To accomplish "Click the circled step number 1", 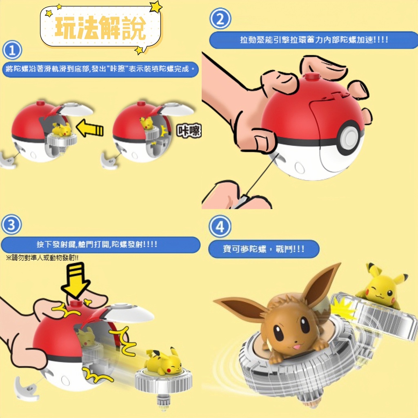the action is tap(12, 50).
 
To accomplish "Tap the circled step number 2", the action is tap(220, 19).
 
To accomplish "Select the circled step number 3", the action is tap(11, 225).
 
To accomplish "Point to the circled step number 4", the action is tap(220, 227).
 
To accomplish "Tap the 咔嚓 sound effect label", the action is tap(189, 131).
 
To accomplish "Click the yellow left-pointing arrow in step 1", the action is tap(90, 128).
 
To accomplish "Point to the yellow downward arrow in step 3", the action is tap(76, 280).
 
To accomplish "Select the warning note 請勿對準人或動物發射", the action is tap(42, 258).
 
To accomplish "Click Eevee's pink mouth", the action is tap(296, 347).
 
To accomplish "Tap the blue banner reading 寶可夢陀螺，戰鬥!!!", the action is tap(264, 249).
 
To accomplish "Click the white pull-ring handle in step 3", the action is tap(27, 388).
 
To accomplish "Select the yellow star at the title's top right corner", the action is tap(156, 7).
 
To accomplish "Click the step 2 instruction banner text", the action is tap(314, 40).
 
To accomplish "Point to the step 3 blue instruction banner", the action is tap(101, 245).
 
